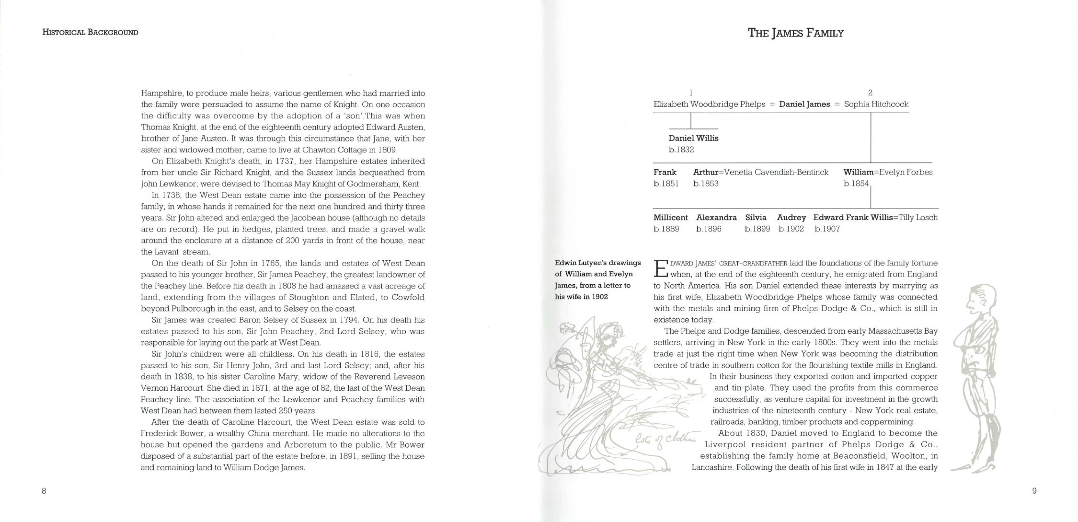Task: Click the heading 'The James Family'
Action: click(x=795, y=33)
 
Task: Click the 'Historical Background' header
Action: click(x=90, y=33)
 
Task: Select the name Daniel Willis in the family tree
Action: click(x=693, y=138)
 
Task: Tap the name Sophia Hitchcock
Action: click(x=876, y=104)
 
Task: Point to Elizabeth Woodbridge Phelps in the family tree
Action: click(x=709, y=104)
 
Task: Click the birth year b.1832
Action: click(x=681, y=150)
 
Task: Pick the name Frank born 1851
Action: click(x=665, y=172)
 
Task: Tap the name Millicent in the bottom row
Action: click(x=670, y=217)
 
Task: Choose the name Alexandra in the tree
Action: click(x=716, y=217)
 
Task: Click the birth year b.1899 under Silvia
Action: click(x=757, y=229)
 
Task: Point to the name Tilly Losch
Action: click(x=918, y=217)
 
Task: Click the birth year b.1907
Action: click(x=827, y=229)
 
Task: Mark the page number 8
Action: click(x=44, y=490)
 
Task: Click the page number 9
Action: click(x=1034, y=490)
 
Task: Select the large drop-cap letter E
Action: click(x=660, y=268)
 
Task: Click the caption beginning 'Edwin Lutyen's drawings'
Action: click(x=597, y=279)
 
